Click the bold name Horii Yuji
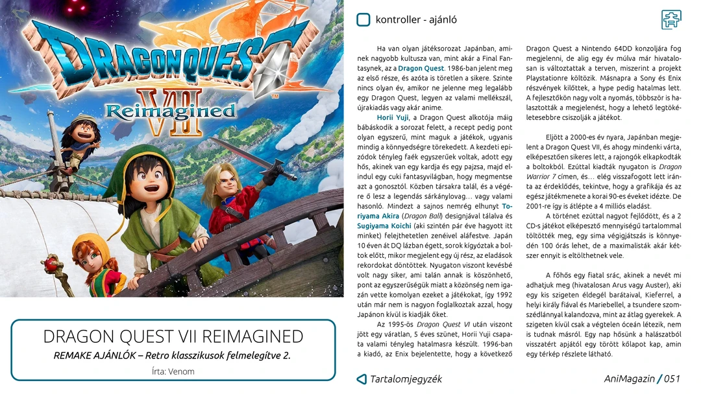tap(393, 117)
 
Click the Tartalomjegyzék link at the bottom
tap(406, 379)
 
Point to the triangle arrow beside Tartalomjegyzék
tap(362, 379)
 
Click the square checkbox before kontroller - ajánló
tap(363, 19)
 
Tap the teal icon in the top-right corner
tap(671, 19)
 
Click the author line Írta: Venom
tap(173, 371)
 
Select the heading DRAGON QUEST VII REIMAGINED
tap(173, 336)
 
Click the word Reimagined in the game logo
tap(170, 111)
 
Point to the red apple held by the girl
tap(51, 262)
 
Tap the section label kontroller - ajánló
tap(416, 19)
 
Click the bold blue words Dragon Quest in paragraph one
tap(421, 68)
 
